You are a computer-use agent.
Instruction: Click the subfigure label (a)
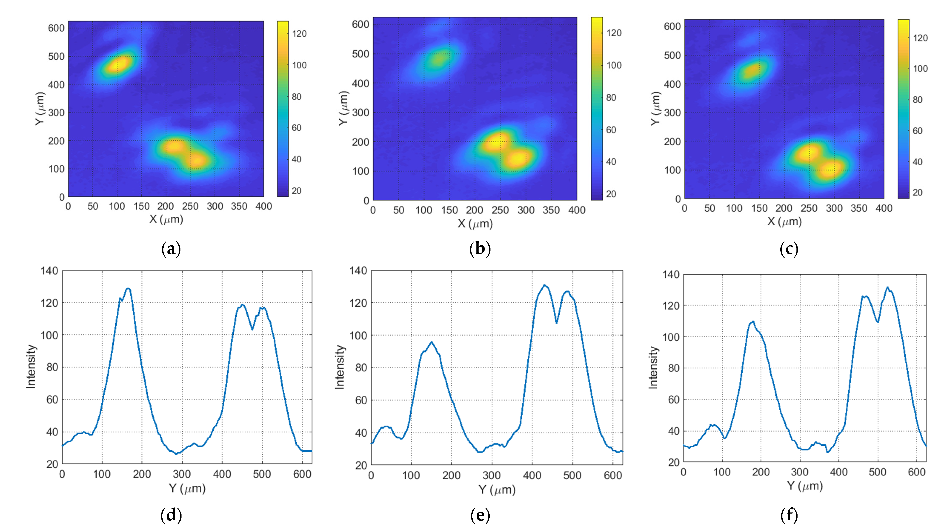pos(171,249)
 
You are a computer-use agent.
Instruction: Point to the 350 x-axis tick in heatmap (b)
pos(551,210)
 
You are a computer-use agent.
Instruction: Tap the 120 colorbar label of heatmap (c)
pos(920,38)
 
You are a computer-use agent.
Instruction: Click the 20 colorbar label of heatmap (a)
pos(296,191)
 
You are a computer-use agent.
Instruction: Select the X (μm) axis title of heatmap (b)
pos(475,223)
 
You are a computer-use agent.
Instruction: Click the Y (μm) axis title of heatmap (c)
pos(656,108)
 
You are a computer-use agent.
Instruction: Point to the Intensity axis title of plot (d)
pos(31,366)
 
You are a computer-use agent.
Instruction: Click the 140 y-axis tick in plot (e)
pos(358,271)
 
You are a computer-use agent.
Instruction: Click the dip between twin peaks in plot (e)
pos(556,323)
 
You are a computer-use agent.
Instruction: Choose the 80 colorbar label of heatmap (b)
pos(611,98)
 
